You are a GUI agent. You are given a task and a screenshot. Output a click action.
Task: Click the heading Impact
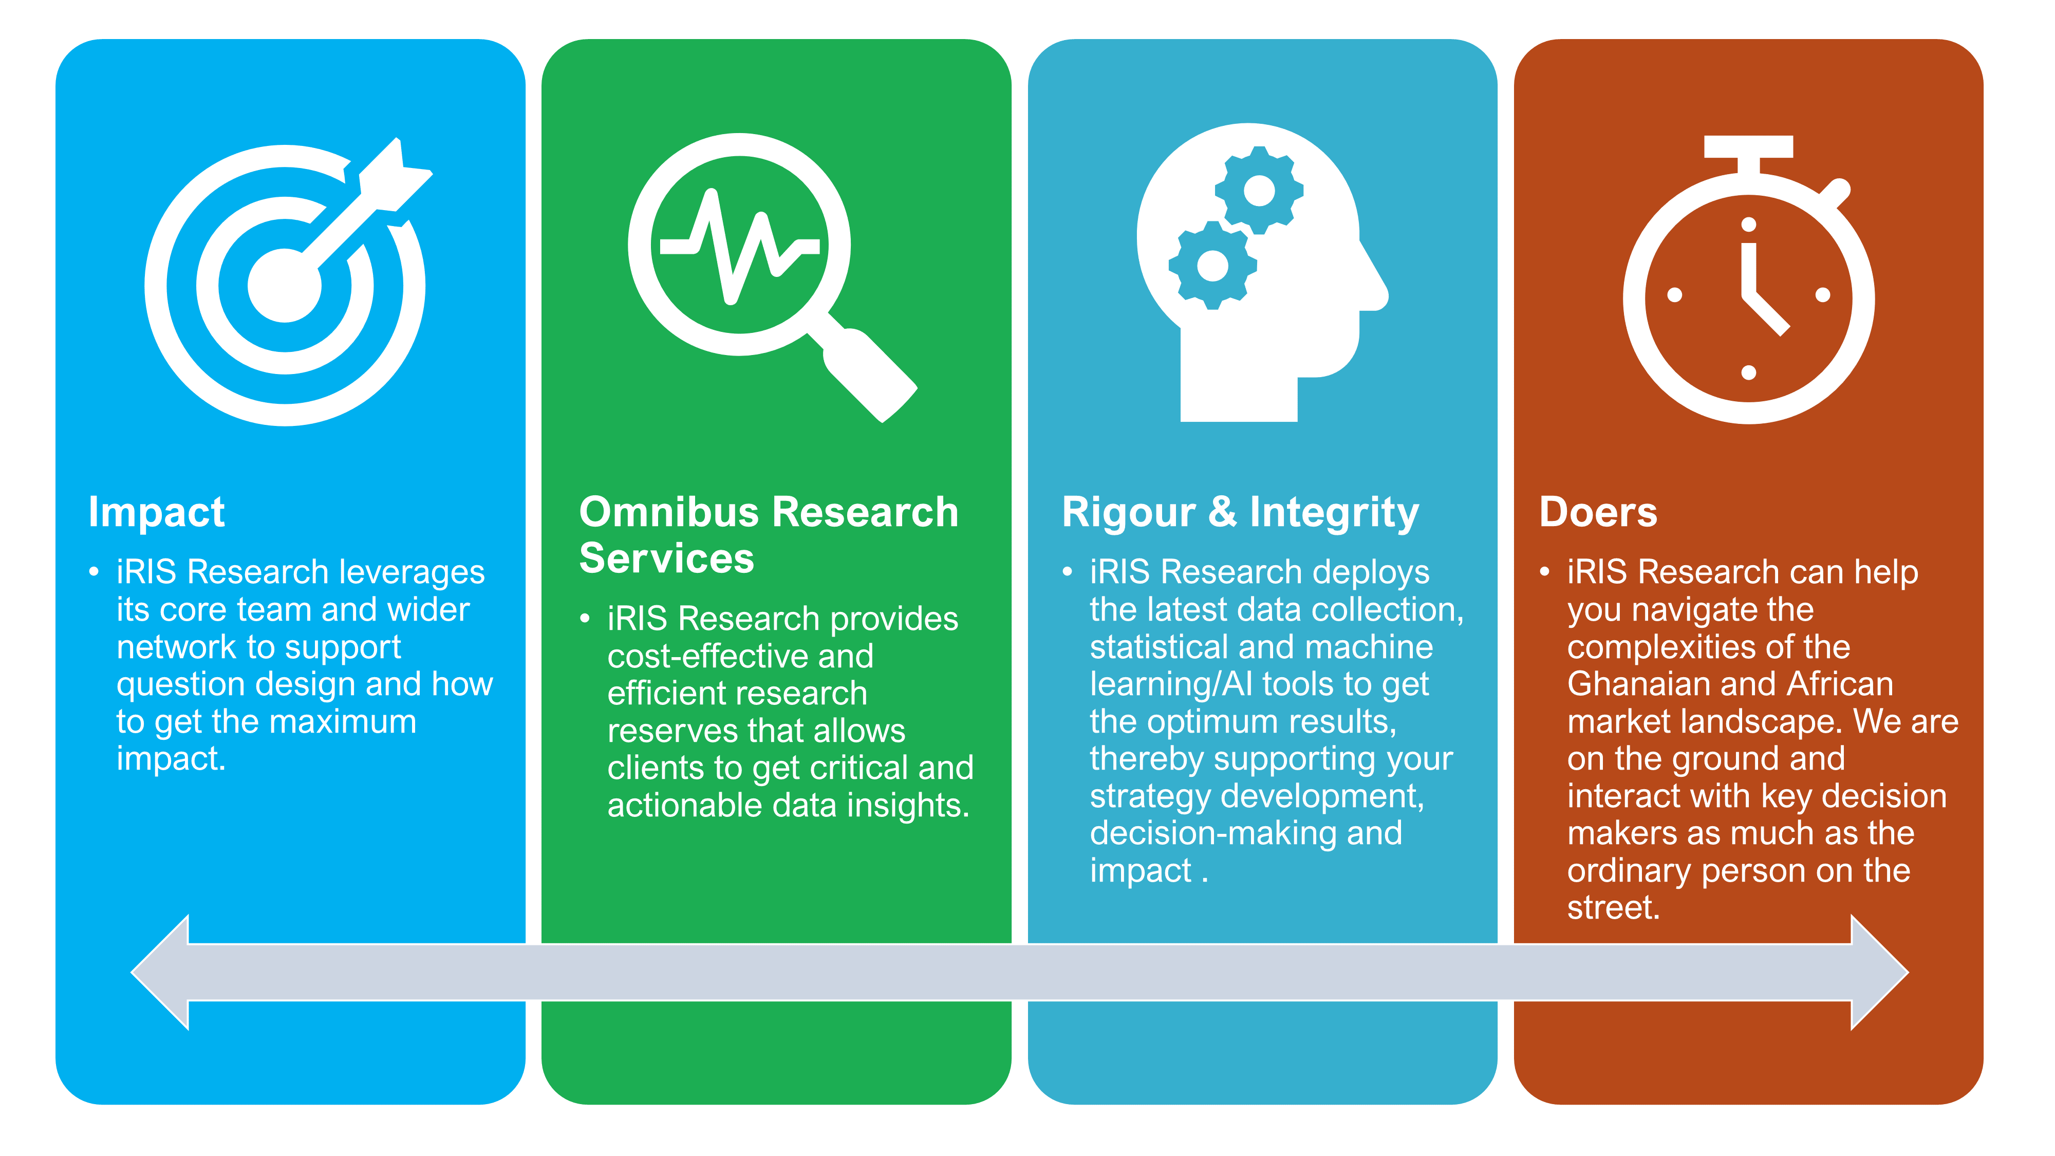tap(156, 513)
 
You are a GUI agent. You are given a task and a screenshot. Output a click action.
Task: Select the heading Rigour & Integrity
tap(1241, 513)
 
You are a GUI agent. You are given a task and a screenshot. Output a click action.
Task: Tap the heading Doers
tap(1598, 512)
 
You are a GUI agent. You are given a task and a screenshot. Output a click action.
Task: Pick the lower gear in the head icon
tap(1212, 266)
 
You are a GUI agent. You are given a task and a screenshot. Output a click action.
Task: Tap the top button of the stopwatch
tap(1749, 147)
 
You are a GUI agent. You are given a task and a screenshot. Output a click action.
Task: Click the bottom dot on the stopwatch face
tap(1749, 372)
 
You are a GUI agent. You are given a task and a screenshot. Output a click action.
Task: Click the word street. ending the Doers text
tap(1613, 908)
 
